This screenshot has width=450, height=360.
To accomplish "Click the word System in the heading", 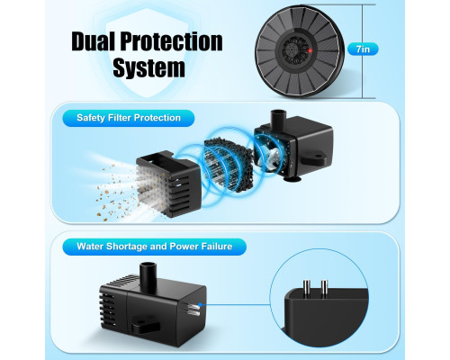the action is coord(148,67).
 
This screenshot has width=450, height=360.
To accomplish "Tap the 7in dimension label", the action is coord(363,49).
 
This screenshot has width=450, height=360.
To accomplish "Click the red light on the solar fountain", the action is coord(310,50).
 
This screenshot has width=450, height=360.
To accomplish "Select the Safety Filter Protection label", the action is coord(129,118).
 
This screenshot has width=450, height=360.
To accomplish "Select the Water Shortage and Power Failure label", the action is coord(155,247).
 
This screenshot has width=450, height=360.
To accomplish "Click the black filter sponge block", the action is coord(228,165).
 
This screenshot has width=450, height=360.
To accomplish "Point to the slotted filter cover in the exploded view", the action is coord(168,184).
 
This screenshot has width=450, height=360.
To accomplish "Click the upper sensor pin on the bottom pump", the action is coord(193,306).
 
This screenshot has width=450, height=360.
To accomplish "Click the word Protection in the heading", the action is coord(172,41).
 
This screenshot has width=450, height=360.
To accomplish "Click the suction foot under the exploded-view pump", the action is coord(293,180).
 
